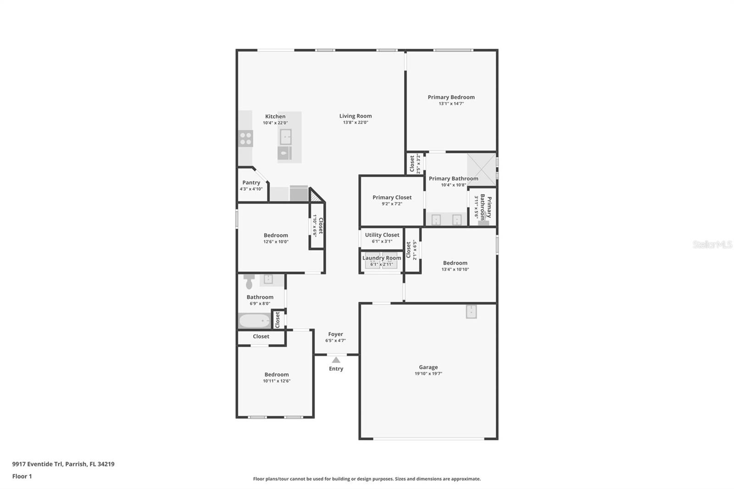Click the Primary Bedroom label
click(x=451, y=97)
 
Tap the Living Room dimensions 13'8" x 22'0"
click(x=356, y=122)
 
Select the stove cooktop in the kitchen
click(x=246, y=139)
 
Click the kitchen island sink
click(x=285, y=136)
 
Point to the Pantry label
click(x=251, y=183)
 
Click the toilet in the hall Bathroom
click(x=249, y=281)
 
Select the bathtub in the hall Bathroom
click(x=254, y=320)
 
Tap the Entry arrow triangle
click(x=336, y=360)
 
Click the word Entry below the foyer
click(x=336, y=369)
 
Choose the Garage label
click(x=428, y=367)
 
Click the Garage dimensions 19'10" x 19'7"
click(x=428, y=374)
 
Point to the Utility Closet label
click(x=382, y=235)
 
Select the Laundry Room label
click(x=382, y=258)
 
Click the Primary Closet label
click(x=392, y=197)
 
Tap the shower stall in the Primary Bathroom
click(x=481, y=169)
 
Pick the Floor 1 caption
click(x=22, y=476)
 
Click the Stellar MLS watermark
click(x=712, y=244)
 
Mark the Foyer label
click(x=335, y=334)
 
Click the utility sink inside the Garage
click(x=471, y=311)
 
